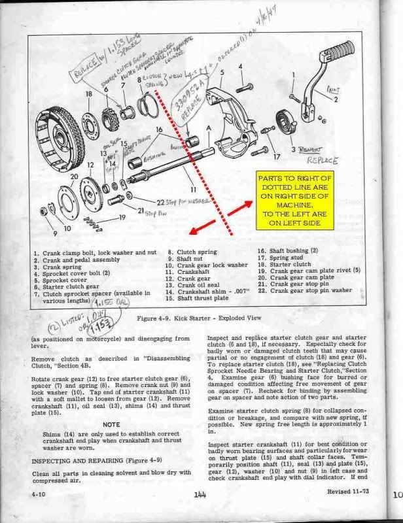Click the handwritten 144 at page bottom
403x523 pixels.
point(200,495)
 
